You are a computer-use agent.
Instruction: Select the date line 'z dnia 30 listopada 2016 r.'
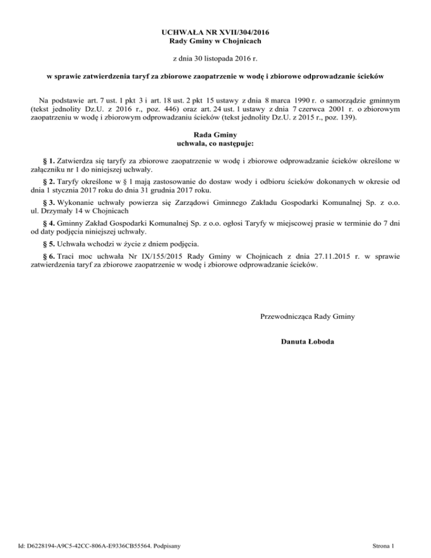coord(215,58)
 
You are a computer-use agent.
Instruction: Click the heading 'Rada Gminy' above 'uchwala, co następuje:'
coord(215,135)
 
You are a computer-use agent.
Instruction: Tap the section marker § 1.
coord(49,161)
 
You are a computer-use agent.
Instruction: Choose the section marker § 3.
coord(49,201)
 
